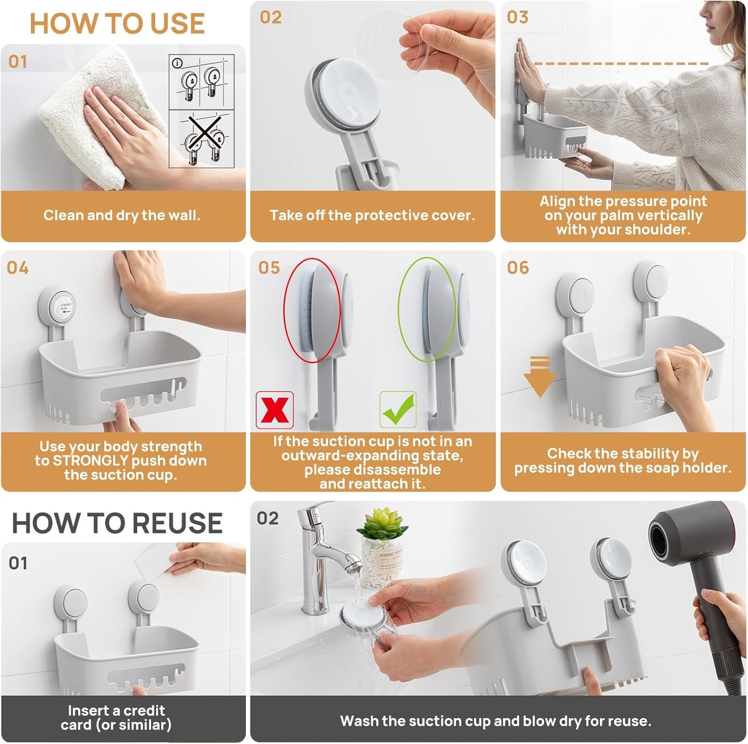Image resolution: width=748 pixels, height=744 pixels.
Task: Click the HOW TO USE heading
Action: click(x=117, y=23)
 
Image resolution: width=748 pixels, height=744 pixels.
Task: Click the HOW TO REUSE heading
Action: click(x=117, y=523)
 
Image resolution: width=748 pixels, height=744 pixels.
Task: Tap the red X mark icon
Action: click(x=274, y=410)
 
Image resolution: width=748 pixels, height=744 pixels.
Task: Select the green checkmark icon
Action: click(x=398, y=410)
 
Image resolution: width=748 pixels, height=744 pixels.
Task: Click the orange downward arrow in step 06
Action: click(x=539, y=376)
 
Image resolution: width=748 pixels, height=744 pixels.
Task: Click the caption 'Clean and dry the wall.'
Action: click(x=122, y=216)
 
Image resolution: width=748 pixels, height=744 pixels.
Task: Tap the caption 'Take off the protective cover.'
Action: click(x=372, y=216)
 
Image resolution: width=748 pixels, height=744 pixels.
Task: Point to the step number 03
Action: click(x=517, y=17)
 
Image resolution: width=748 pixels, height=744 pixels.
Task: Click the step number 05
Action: click(x=269, y=268)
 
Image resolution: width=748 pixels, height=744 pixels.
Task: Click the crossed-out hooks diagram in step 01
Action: click(x=202, y=139)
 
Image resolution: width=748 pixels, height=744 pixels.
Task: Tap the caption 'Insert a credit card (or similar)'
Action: click(x=116, y=718)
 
